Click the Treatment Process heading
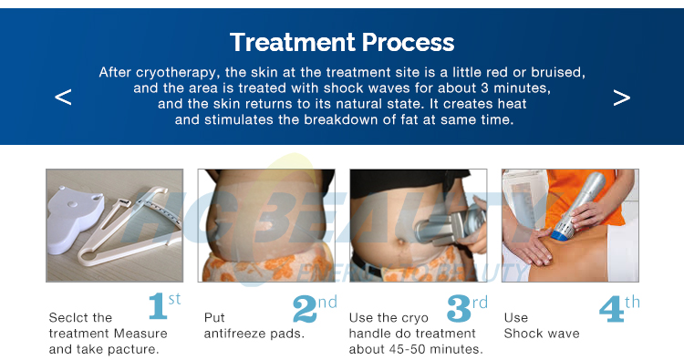(x=342, y=42)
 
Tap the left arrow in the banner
(x=63, y=97)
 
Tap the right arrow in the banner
(x=621, y=97)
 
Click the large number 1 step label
(x=158, y=308)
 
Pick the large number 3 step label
(x=458, y=308)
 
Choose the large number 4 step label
(x=611, y=308)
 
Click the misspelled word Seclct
(x=67, y=318)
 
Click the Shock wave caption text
(x=542, y=334)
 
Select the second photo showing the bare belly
(x=265, y=225)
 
